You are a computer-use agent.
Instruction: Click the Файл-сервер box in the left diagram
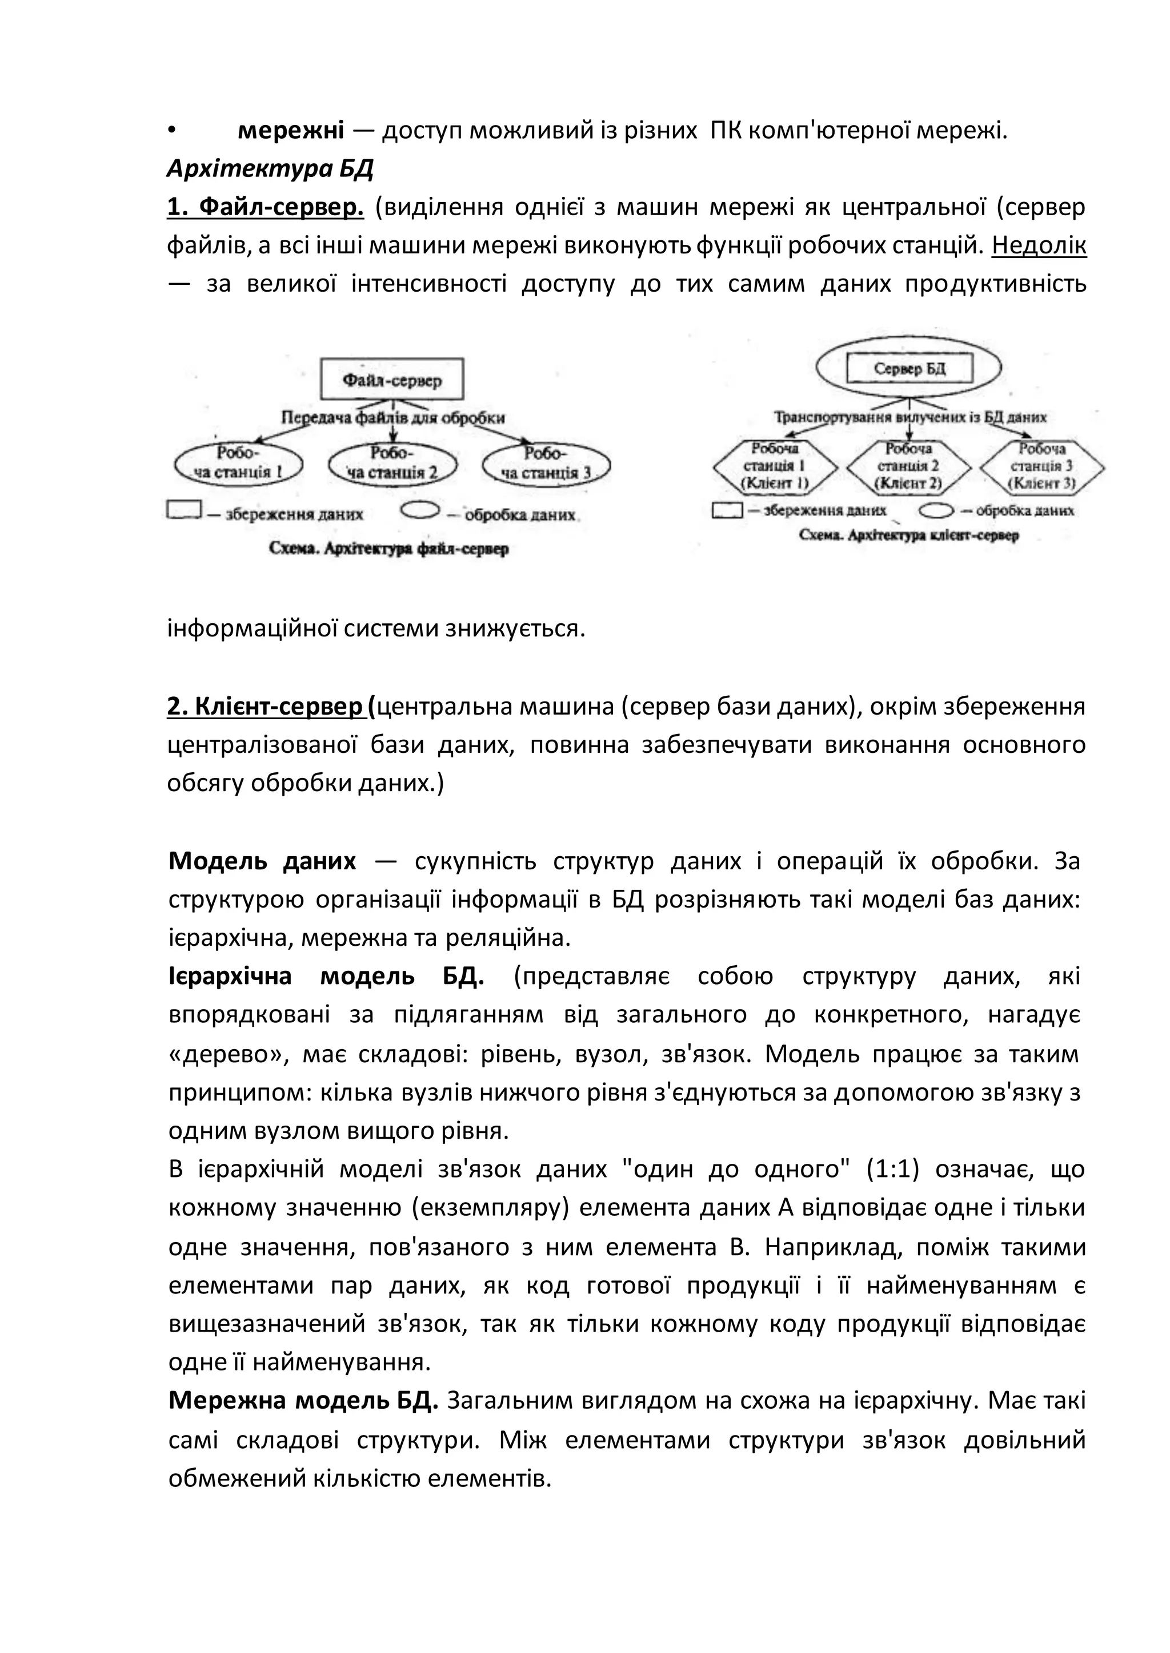coord(391,380)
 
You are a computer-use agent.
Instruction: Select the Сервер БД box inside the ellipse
coord(909,369)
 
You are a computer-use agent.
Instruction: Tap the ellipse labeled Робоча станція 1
coord(238,463)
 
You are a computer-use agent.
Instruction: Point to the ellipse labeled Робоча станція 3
coord(546,463)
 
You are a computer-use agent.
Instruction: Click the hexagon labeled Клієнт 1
coord(775,466)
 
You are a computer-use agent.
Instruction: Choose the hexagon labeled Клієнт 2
coord(908,466)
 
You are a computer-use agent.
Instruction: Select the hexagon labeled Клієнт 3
coord(1042,466)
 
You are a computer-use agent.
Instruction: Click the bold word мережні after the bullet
coord(290,131)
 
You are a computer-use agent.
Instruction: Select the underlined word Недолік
coord(1039,246)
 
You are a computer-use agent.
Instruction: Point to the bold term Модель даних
coord(262,861)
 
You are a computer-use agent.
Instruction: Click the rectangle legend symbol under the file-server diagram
coord(183,510)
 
